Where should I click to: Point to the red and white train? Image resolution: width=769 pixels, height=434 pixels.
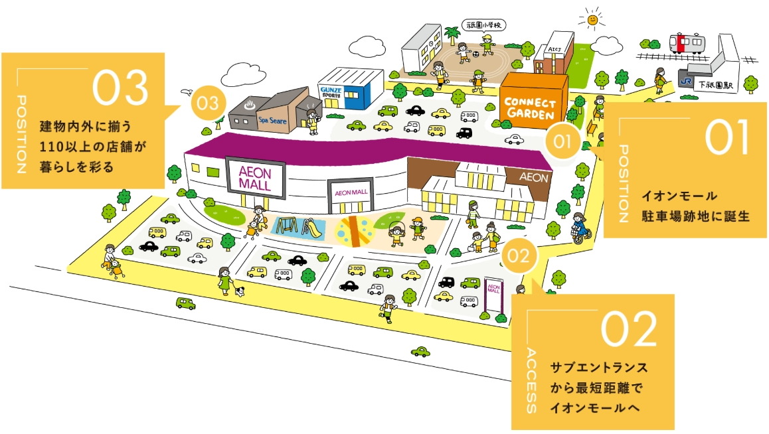(x=688, y=44)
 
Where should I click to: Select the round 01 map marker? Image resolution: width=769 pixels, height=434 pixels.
(x=562, y=141)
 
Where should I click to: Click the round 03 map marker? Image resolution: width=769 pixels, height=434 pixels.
(x=208, y=104)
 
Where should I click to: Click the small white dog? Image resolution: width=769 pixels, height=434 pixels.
(x=240, y=291)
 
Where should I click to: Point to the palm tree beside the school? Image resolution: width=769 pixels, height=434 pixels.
(x=453, y=33)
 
